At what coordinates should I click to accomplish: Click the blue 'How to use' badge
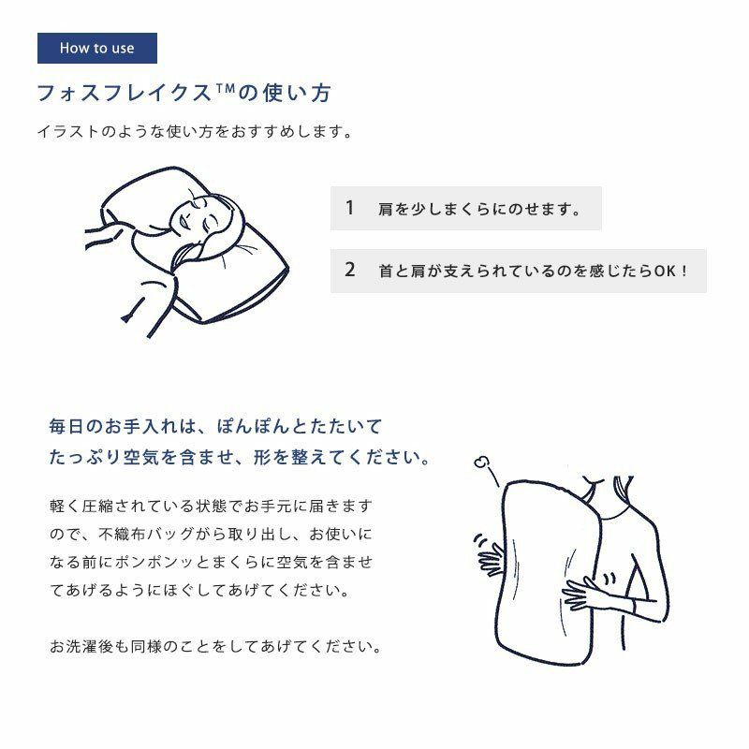[x=97, y=48]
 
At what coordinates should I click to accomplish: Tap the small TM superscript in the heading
[x=225, y=88]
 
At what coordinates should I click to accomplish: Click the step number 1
[x=349, y=208]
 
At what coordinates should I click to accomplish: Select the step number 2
[x=349, y=270]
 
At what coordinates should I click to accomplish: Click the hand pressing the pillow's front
[x=581, y=594]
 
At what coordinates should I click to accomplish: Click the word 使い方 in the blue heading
[x=296, y=93]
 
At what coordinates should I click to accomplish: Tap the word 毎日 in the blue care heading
[x=66, y=426]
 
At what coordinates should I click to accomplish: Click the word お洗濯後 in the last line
[x=81, y=647]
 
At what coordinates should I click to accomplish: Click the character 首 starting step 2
[x=386, y=271]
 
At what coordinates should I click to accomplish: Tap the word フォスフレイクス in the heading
[x=125, y=93]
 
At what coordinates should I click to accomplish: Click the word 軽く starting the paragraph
[x=66, y=506]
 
